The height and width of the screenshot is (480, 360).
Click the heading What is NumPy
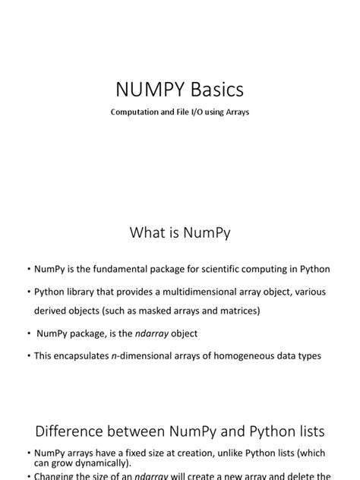click(180, 233)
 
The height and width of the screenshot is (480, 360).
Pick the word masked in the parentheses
click(156, 311)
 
